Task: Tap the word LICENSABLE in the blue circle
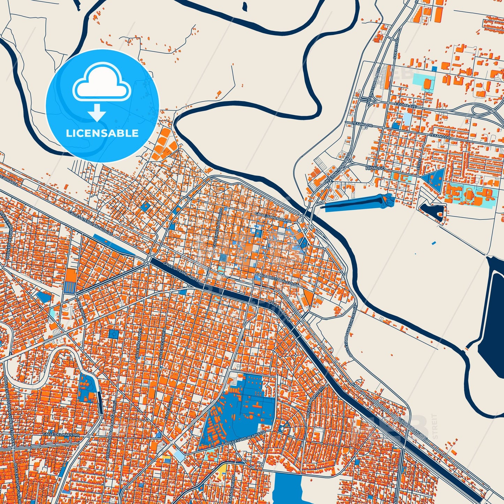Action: (102, 133)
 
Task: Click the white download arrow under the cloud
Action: (97, 112)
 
